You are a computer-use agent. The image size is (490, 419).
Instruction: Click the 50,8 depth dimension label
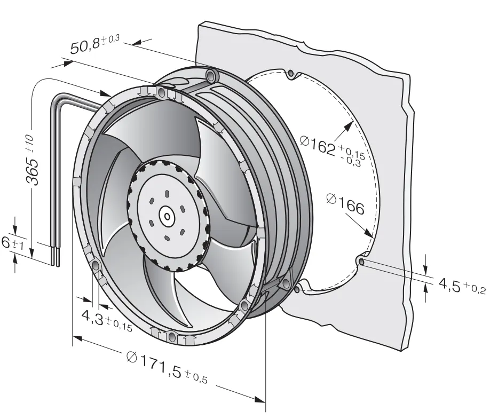(x=94, y=44)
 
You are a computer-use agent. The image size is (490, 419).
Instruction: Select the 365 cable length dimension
(x=32, y=160)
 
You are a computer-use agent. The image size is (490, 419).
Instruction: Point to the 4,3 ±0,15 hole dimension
(x=107, y=320)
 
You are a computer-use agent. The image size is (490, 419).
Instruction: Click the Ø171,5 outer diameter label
(x=167, y=367)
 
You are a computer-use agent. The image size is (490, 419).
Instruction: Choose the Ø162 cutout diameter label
(x=333, y=150)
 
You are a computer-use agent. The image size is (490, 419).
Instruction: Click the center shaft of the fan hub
(x=167, y=216)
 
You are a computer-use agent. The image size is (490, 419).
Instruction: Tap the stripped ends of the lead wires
(x=56, y=256)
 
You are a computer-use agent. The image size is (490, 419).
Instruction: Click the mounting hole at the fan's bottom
(x=171, y=336)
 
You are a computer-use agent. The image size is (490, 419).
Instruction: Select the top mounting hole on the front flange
(x=162, y=92)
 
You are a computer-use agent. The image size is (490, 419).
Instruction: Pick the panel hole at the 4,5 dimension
(x=361, y=260)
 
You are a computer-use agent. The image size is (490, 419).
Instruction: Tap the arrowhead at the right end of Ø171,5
(x=260, y=399)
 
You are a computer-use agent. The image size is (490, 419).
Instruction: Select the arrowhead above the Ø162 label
(x=349, y=126)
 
